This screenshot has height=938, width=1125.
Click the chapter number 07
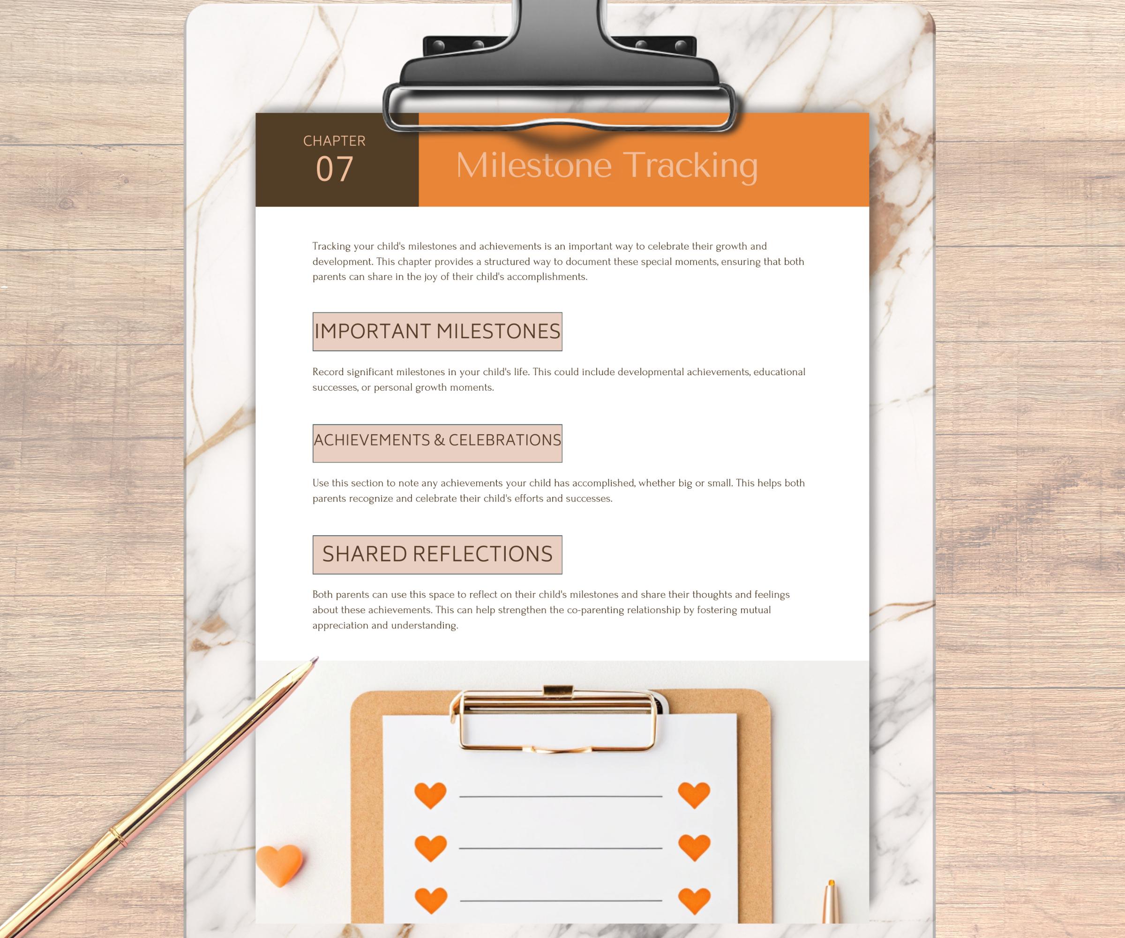point(334,169)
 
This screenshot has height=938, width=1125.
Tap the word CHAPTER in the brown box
point(334,141)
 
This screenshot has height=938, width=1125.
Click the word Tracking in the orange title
point(691,166)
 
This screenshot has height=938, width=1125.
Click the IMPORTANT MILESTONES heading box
point(437,332)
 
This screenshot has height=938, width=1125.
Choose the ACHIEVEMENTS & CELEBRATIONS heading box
point(437,443)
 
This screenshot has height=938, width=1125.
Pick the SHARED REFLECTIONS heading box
point(437,555)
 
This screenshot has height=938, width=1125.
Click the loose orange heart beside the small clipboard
point(279,866)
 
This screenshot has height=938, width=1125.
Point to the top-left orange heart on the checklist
point(430,795)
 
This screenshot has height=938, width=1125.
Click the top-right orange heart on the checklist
point(694,794)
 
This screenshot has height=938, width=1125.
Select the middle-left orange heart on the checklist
point(430,848)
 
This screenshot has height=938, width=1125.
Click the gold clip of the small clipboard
point(557,718)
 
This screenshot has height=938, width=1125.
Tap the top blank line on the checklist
point(561,796)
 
